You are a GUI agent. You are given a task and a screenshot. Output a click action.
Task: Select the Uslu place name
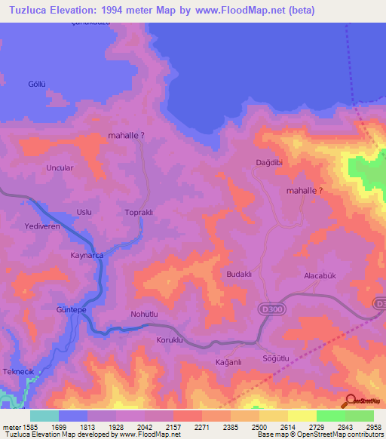(84, 212)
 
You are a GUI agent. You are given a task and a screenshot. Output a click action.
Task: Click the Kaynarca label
(86, 256)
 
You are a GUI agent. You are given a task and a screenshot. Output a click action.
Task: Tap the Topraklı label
(139, 213)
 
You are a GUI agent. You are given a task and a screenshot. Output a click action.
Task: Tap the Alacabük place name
(319, 276)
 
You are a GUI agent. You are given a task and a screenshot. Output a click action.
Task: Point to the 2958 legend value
(369, 427)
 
